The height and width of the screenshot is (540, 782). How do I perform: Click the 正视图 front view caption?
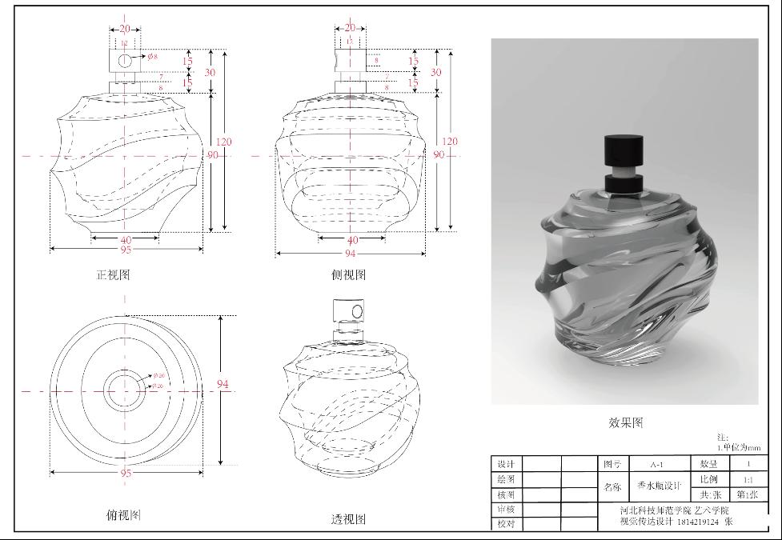pyautogui.click(x=113, y=274)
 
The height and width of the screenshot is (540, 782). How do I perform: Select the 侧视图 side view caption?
pyautogui.click(x=348, y=274)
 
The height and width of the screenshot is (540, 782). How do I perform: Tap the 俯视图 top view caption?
pyautogui.click(x=123, y=515)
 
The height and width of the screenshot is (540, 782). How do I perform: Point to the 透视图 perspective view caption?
pyautogui.click(x=348, y=519)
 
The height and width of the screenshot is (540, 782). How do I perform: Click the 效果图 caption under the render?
pyautogui.click(x=625, y=422)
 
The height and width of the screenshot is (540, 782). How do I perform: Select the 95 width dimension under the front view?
pyautogui.click(x=126, y=250)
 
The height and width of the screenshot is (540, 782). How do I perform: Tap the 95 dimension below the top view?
pyautogui.click(x=126, y=473)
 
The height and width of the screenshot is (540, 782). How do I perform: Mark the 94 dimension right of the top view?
pyautogui.click(x=223, y=385)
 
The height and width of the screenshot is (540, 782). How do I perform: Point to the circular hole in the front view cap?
pyautogui.click(x=125, y=61)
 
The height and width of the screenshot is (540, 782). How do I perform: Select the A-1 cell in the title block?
pyautogui.click(x=656, y=464)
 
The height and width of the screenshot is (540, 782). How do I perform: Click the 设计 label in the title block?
pyautogui.click(x=505, y=464)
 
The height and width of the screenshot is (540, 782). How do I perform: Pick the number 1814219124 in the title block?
pyautogui.click(x=698, y=522)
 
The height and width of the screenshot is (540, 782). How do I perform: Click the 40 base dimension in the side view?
pyautogui.click(x=352, y=240)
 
